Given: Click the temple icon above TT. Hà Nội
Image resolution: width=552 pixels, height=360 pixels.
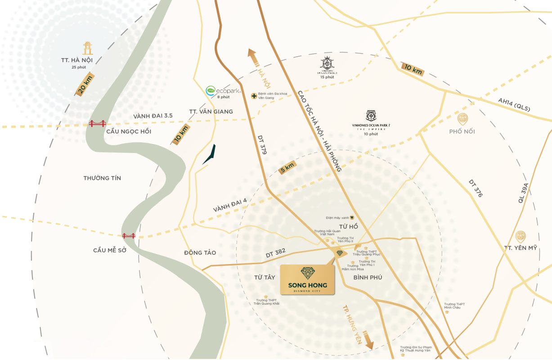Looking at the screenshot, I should coord(87,49).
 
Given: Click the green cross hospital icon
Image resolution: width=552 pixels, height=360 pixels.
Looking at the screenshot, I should coord(254,96).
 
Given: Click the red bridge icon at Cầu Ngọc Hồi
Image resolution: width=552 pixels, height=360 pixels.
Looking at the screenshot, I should coord(97,123).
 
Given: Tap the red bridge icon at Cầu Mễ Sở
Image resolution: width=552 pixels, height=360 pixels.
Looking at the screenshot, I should coord(129,235).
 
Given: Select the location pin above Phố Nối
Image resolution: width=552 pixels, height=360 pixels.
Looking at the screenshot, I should coord(462,119).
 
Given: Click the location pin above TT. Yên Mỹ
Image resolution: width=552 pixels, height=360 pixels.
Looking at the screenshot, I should coord(521,236).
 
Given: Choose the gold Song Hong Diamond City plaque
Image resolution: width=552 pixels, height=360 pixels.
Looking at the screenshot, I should coord(308,279).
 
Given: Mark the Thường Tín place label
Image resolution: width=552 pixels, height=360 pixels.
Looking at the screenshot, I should coord(102,178).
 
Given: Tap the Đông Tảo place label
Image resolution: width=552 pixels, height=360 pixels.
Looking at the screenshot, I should coord(200,253).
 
